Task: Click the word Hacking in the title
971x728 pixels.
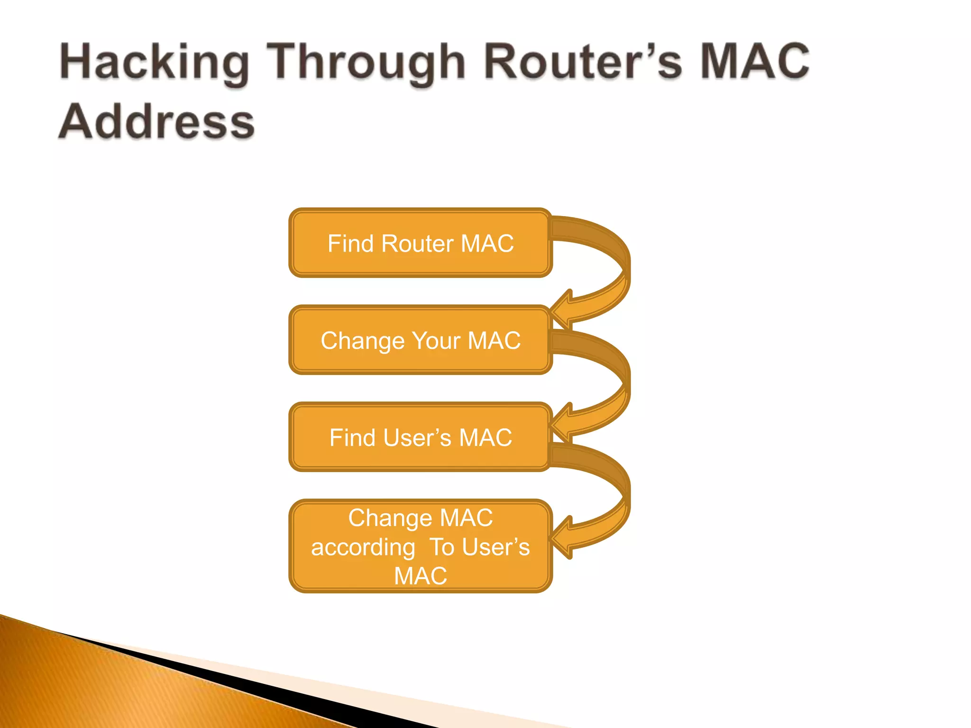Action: pyautogui.click(x=155, y=62)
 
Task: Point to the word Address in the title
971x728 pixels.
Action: pyautogui.click(x=157, y=122)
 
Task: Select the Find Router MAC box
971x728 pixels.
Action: pyautogui.click(x=420, y=243)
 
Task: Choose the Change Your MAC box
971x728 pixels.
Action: pyautogui.click(x=420, y=340)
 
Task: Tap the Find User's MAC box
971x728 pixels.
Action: pyautogui.click(x=420, y=437)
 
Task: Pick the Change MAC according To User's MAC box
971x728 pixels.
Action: pyautogui.click(x=420, y=546)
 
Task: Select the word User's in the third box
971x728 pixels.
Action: pyautogui.click(x=417, y=438)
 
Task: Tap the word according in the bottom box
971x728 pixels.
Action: pyautogui.click(x=363, y=548)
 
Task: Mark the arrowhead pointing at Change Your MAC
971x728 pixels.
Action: pyautogui.click(x=562, y=309)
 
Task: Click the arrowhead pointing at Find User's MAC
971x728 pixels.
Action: pyautogui.click(x=562, y=422)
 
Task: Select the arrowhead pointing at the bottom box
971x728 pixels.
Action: pyautogui.click(x=562, y=537)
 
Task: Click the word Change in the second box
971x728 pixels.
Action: pyautogui.click(x=363, y=341)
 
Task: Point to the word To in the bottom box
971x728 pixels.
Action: pyautogui.click(x=442, y=547)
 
